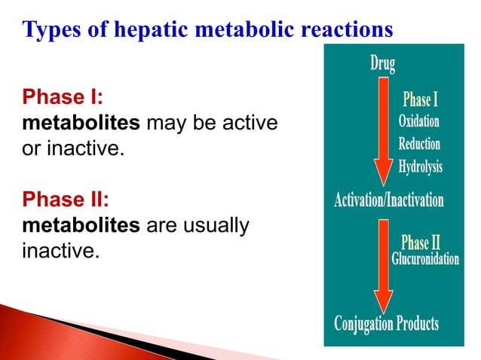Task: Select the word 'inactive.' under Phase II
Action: coord(61,249)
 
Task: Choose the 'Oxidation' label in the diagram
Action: coord(419,121)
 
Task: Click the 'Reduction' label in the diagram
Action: coord(419,143)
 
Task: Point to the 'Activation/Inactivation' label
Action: coord(389,200)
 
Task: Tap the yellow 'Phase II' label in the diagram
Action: coord(421,242)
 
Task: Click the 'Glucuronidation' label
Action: coord(425,259)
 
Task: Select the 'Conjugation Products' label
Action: coord(386,324)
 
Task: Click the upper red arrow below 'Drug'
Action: coord(384,128)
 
